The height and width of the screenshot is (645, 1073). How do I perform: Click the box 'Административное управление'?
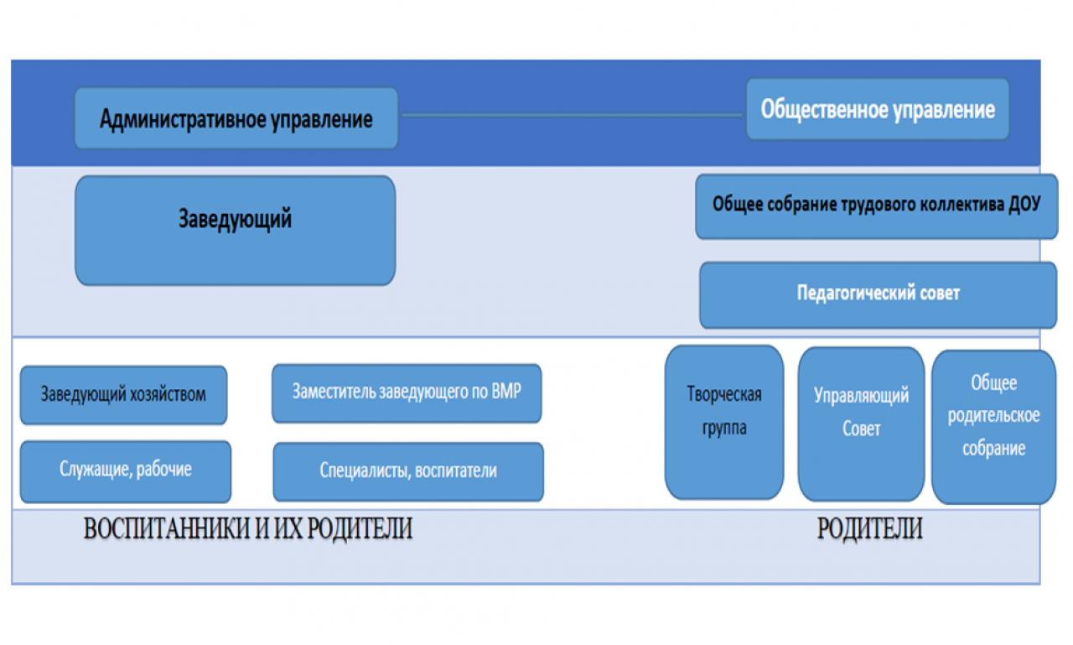coord(236,118)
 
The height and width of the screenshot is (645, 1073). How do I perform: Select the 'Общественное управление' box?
coord(878,109)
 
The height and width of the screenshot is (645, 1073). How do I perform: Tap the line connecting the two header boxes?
coord(572,115)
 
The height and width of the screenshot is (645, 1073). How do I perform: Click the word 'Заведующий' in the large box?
coord(235,220)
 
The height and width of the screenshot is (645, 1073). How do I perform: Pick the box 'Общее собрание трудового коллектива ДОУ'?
coord(877,206)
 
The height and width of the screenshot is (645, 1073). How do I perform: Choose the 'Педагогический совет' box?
coord(878,295)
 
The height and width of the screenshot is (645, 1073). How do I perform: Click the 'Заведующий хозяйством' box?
coord(123,395)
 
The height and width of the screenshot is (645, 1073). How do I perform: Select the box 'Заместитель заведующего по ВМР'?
coord(407,393)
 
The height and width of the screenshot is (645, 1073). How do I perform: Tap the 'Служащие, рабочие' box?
coord(126,471)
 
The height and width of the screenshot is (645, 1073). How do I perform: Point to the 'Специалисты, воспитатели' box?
coord(408,472)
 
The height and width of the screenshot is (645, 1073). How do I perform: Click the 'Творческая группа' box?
coord(724,422)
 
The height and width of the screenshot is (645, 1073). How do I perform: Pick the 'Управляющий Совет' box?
coord(861,424)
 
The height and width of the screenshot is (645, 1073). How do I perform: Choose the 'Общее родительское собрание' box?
coord(994,426)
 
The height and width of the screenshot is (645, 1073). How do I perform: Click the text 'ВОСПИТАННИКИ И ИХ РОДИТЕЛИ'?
coord(248,528)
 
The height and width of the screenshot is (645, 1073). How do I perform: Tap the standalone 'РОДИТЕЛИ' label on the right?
coord(870,528)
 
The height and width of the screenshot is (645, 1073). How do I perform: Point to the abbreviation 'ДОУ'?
coord(1024,204)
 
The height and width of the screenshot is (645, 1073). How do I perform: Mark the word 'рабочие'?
coord(163,469)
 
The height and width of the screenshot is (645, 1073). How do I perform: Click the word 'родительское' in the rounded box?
coord(994,415)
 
